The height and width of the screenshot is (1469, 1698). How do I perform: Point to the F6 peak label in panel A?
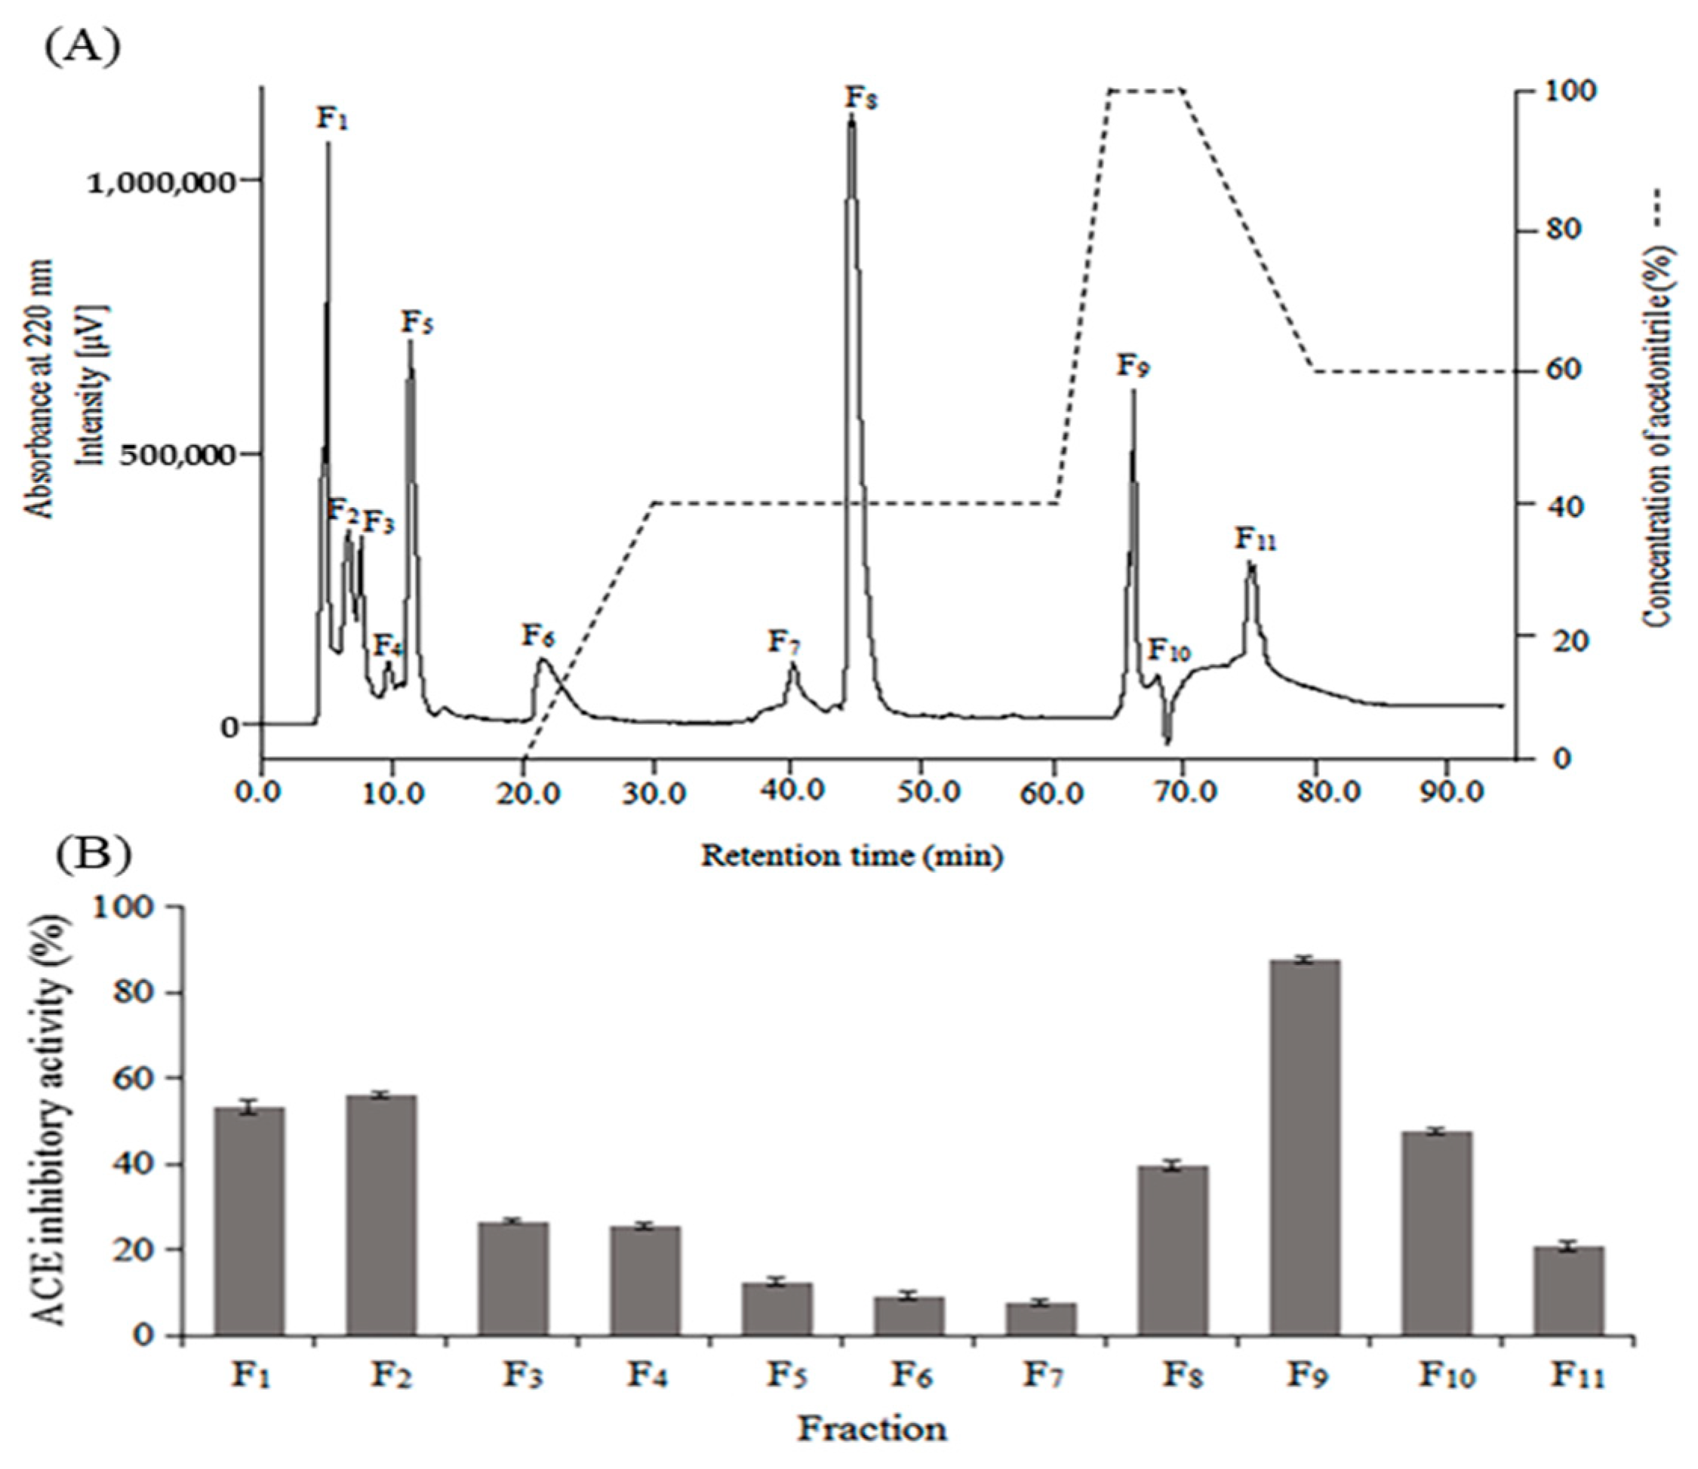[x=539, y=635]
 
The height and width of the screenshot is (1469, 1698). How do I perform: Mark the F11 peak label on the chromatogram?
[x=1255, y=539]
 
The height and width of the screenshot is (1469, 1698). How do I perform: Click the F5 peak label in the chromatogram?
[x=417, y=322]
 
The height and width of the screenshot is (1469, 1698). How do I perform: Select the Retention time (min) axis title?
[x=851, y=856]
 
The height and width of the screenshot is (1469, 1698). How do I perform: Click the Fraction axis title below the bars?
[x=873, y=1429]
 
